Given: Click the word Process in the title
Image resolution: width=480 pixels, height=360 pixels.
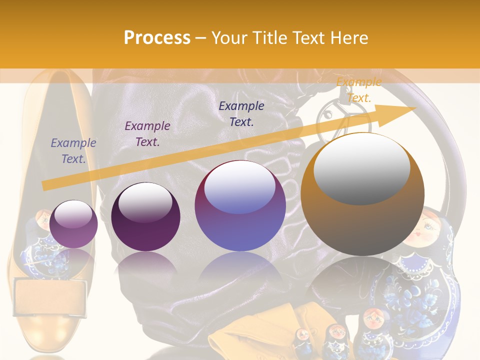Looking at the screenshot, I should coord(157,38).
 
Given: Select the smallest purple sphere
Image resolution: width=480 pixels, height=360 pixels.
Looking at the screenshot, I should coord(73,224).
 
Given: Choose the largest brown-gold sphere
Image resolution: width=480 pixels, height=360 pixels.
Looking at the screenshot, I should coord(362,195).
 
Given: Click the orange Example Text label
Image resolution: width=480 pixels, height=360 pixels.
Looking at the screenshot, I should coord(358,90).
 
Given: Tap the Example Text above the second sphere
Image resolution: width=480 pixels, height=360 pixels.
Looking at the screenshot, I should coord(147,134).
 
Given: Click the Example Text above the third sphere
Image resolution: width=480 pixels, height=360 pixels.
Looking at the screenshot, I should coord(241,114).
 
